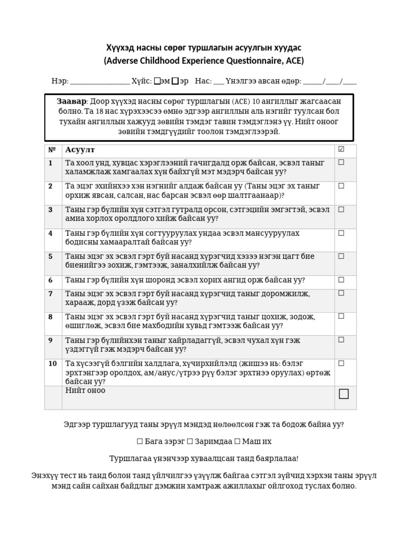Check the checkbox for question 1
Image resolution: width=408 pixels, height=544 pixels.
[x=341, y=163]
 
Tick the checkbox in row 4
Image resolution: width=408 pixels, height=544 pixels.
[x=341, y=233]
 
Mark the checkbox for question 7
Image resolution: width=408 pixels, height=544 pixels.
[x=341, y=293]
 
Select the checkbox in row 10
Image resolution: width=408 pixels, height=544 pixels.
[x=341, y=363]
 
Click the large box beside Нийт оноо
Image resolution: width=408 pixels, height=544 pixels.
[x=344, y=394]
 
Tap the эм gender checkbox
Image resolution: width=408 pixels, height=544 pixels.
[x=157, y=81]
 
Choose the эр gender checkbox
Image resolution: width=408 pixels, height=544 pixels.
[x=175, y=81]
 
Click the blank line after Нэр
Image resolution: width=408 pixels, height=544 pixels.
[x=100, y=82]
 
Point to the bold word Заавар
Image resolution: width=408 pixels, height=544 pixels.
[x=71, y=101]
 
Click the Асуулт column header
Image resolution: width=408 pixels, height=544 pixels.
[x=80, y=150]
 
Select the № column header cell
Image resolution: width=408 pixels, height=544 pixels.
[x=52, y=150]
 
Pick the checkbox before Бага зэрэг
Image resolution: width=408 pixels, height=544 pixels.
[x=140, y=441]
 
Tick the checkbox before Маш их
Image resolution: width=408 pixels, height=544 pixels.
[x=237, y=441]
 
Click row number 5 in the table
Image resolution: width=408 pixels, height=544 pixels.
[x=50, y=257]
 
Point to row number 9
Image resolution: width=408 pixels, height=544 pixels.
[x=50, y=341]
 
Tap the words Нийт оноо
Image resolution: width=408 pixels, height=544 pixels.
[x=85, y=390]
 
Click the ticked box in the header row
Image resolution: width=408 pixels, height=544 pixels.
[x=341, y=149]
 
